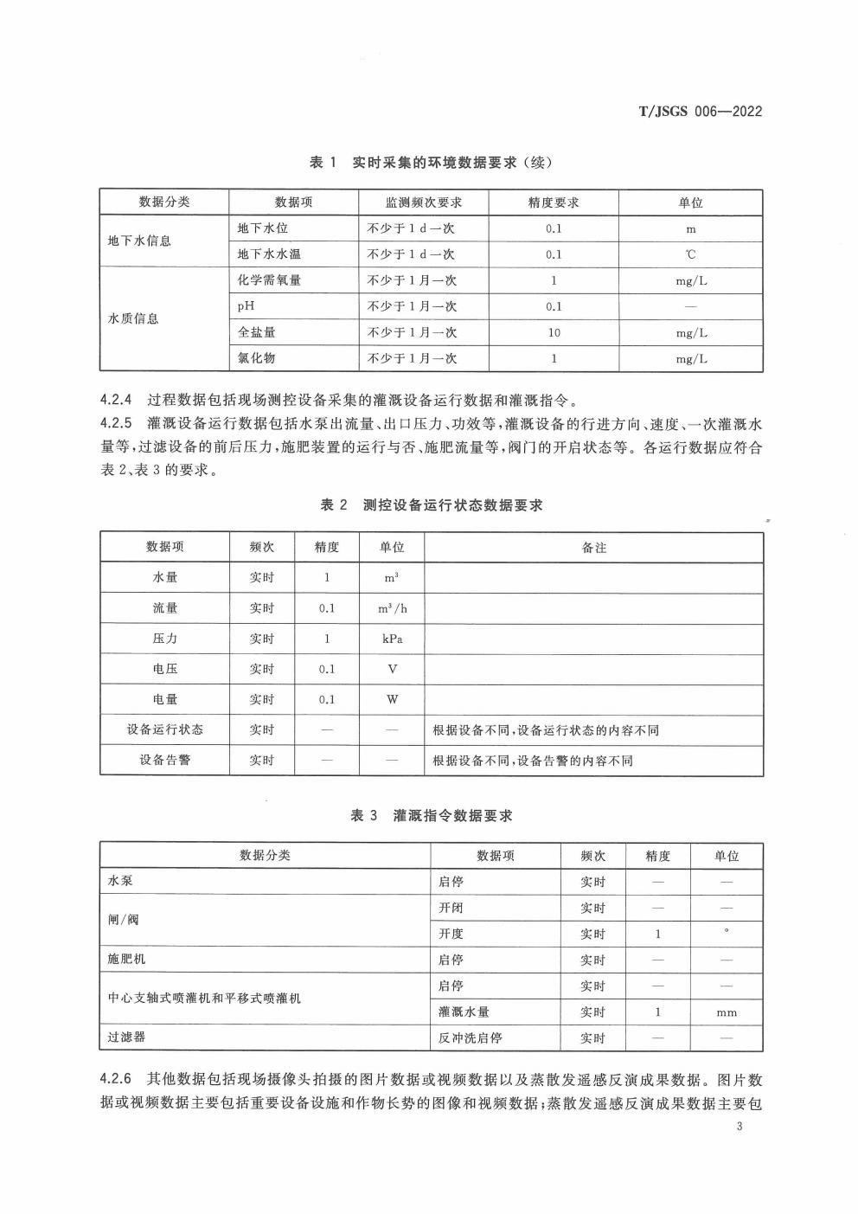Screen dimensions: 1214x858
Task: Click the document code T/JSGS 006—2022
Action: (700, 112)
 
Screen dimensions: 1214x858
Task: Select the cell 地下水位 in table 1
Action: (262, 228)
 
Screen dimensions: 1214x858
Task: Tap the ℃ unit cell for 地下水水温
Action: (690, 254)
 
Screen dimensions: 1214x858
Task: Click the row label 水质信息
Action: (133, 318)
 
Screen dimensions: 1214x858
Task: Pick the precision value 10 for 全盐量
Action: (554, 332)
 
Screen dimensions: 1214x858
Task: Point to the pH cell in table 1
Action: (247, 306)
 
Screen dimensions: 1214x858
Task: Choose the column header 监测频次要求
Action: (423, 202)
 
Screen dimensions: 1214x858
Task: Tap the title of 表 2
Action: (431, 505)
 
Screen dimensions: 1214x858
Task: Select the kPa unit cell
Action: (392, 639)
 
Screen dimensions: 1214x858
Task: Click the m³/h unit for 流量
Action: (392, 608)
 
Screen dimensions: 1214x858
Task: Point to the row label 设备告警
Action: (164, 760)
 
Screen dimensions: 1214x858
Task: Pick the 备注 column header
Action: (593, 548)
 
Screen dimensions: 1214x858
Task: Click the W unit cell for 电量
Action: (392, 699)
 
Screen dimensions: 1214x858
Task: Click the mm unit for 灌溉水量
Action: (727, 1012)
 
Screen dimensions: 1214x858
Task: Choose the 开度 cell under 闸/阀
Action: (451, 934)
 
